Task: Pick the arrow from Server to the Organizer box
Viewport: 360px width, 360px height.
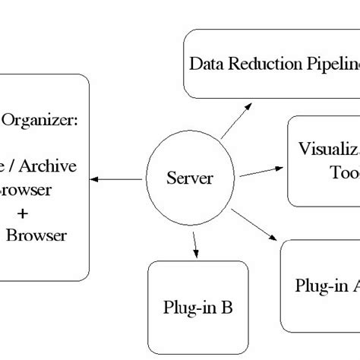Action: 116,180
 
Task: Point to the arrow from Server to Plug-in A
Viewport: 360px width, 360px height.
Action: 254,225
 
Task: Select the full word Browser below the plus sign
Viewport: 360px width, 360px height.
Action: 36,235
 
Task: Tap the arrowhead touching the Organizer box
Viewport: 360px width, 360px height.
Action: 94,180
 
